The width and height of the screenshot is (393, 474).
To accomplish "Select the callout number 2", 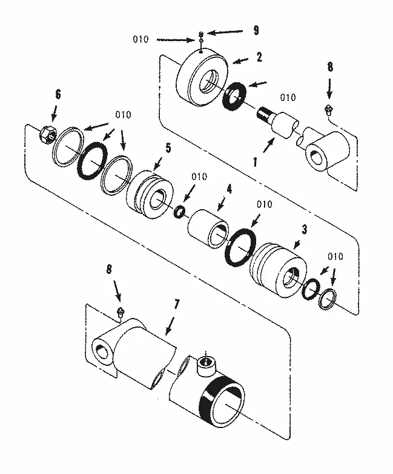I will [x=259, y=57].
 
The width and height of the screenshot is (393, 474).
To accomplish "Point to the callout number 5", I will [x=168, y=147].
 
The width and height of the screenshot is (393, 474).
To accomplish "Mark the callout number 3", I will [x=305, y=229].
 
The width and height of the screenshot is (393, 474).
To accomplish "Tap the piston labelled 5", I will [x=149, y=194].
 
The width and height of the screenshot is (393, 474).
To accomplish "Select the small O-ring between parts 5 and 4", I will [x=179, y=212].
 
